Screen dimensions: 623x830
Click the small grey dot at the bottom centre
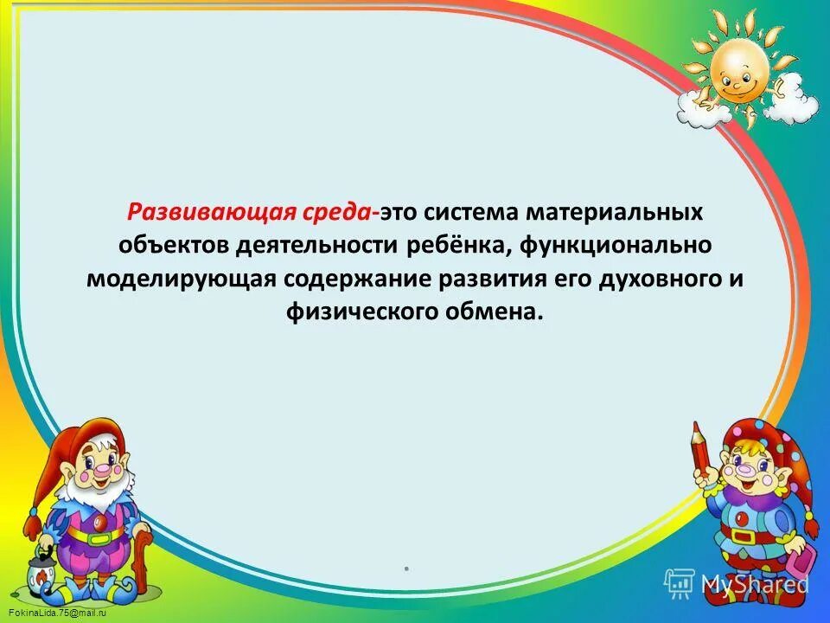tap(405, 569)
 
